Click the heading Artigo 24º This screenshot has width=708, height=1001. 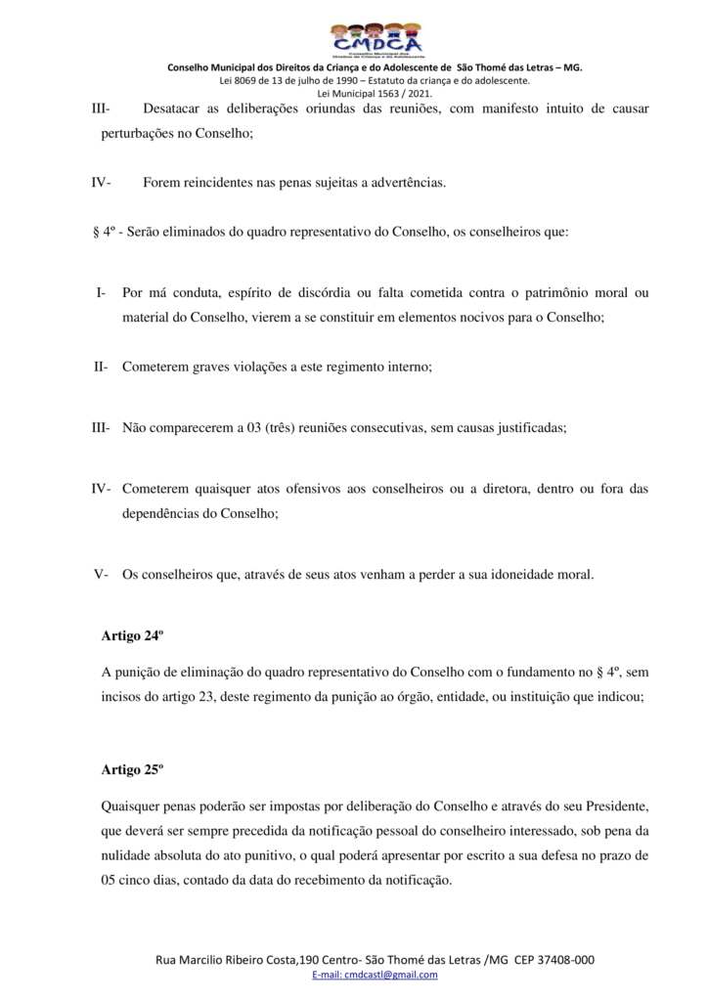pyautogui.click(x=132, y=635)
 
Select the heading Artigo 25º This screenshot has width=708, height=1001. pyautogui.click(x=132, y=769)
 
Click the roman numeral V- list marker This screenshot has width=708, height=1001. pyautogui.click(x=101, y=575)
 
